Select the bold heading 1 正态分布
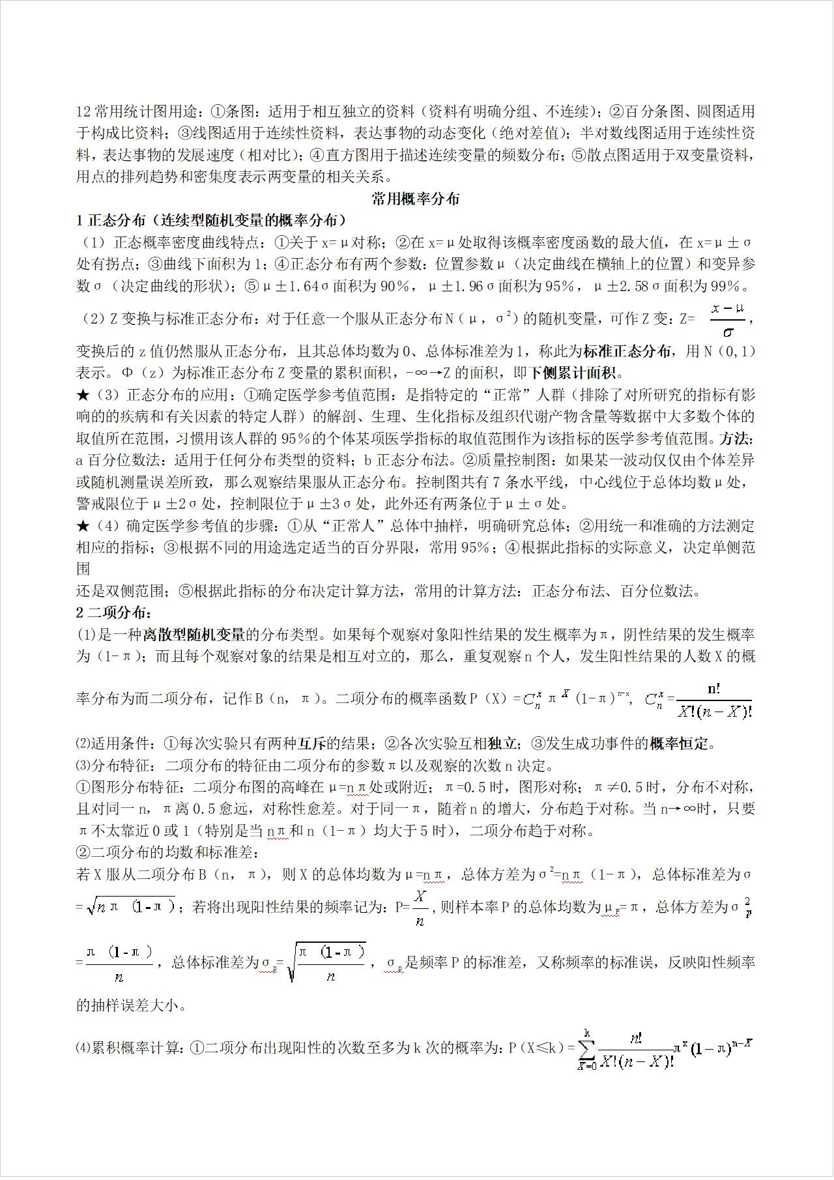[x=111, y=220]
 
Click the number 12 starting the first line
[x=85, y=111]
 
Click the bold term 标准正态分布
[x=627, y=351]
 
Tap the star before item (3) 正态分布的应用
[x=83, y=395]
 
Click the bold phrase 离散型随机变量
[x=194, y=634]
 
